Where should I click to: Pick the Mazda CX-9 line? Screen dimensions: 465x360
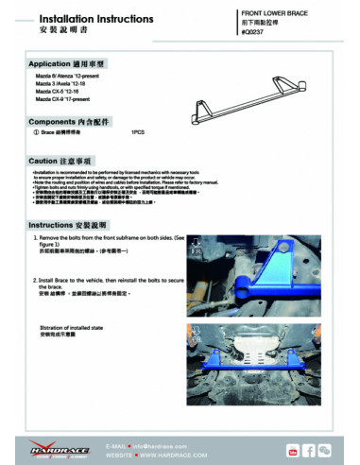[x=71, y=98]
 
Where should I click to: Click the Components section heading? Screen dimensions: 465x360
[x=72, y=122]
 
